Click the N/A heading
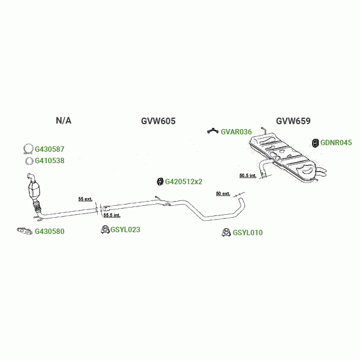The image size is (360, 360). point(64,121)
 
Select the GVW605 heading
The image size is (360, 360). point(158,121)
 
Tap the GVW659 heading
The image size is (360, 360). point(293,121)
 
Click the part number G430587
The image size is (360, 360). point(49,149)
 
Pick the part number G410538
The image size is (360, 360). point(49,161)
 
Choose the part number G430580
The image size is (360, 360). point(49,232)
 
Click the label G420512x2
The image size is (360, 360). point(184,181)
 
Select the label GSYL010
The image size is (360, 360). point(248,233)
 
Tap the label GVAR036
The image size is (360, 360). point(236,131)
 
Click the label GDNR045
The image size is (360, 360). point(336,143)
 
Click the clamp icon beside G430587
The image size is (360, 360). point(27,149)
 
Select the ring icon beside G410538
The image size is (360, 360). point(28,161)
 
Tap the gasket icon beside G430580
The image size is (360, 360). point(23,231)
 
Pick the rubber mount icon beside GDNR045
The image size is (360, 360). point(315,143)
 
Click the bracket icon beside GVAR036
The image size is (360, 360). point(212,131)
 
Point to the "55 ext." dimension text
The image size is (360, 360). point(85,199)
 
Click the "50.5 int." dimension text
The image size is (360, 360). point(247,176)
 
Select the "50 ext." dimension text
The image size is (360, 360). point(223,194)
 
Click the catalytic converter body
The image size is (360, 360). point(34,191)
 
